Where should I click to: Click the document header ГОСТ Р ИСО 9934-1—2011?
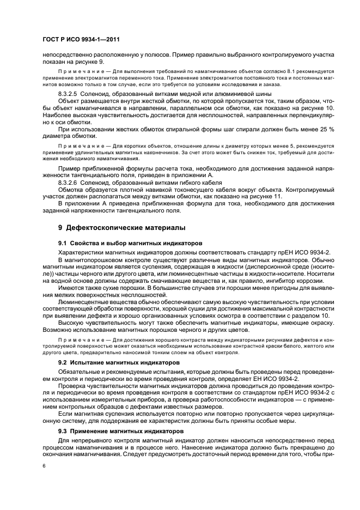[81, 40]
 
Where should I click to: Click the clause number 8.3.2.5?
[70, 94]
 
